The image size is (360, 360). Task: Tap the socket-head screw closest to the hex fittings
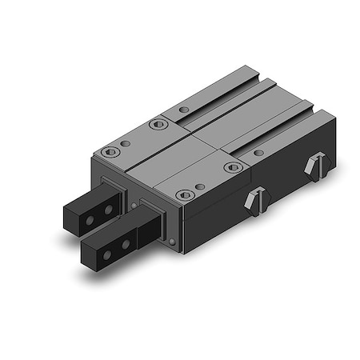(x=234, y=167)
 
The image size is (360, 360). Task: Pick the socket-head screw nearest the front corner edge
(x=184, y=194)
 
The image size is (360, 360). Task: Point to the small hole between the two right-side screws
(x=199, y=186)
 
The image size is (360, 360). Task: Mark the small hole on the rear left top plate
(x=183, y=110)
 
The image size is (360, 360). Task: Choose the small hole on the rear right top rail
(x=258, y=152)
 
